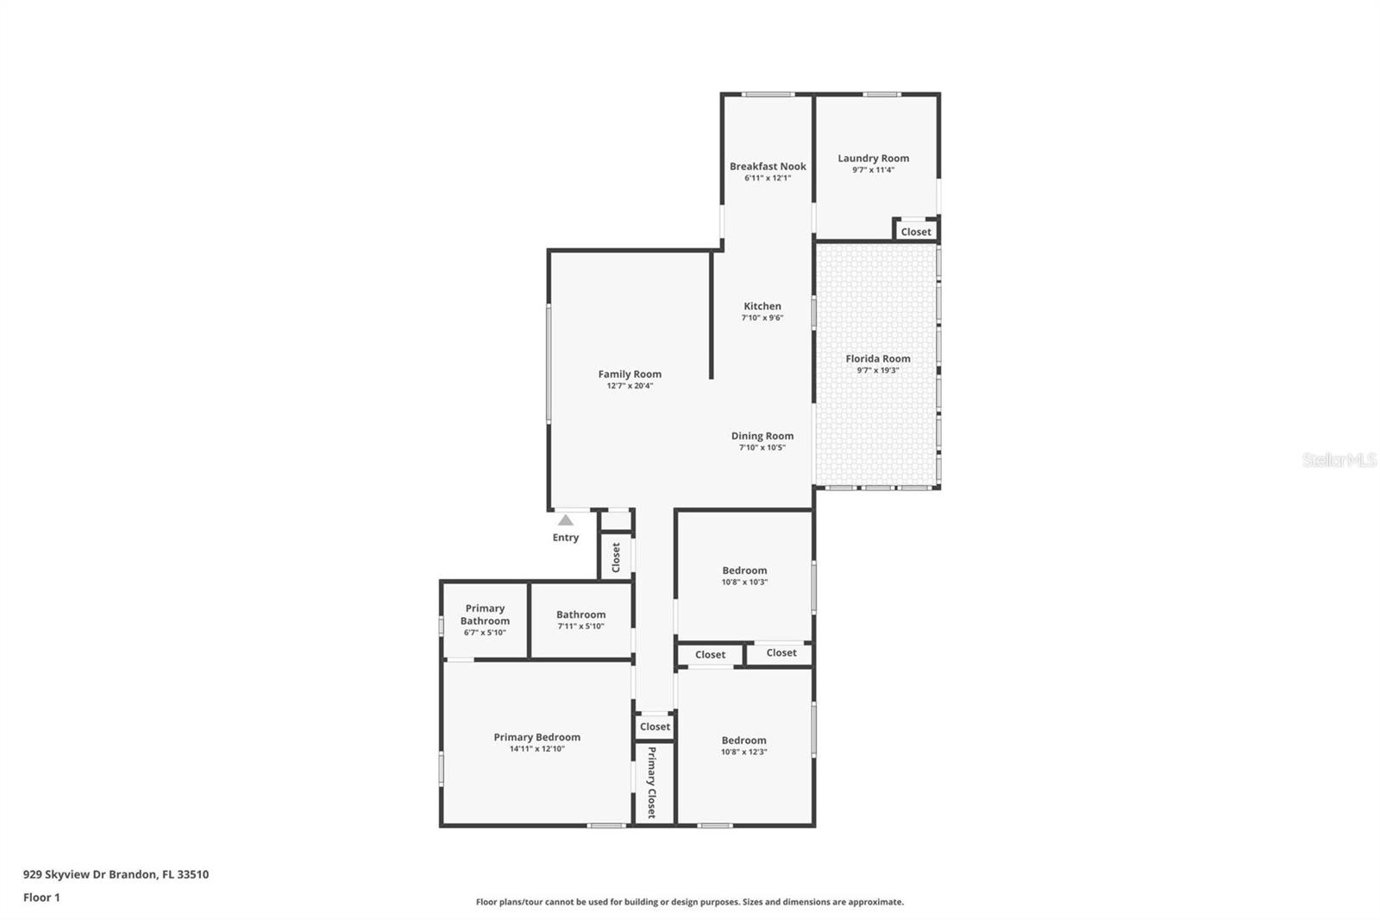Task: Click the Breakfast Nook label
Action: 768,167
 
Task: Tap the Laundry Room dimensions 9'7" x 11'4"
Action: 873,170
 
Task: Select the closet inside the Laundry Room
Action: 916,231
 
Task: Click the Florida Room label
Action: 877,358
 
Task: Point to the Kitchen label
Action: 762,306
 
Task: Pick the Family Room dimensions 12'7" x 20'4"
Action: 630,386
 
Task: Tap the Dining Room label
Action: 762,436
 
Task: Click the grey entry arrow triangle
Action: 566,520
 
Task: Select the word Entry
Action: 566,538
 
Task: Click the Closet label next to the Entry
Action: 616,558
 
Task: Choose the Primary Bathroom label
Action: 485,614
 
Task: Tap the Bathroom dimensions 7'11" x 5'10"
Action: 580,627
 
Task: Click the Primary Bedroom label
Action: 536,737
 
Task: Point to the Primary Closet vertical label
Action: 652,782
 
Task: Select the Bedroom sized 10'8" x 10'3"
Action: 744,570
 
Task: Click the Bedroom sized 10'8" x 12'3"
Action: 743,740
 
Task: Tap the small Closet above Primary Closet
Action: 655,727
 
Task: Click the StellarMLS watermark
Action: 1339,461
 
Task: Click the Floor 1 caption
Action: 41,898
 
